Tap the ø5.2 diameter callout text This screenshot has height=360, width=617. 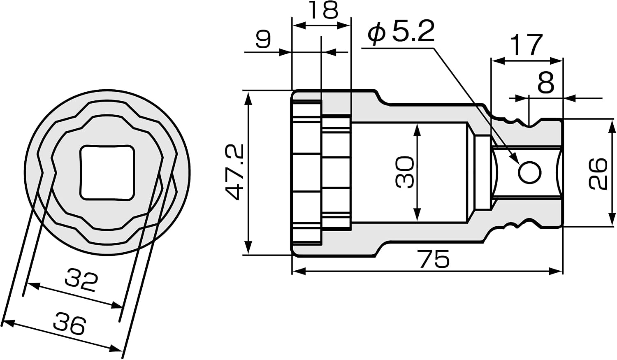401,31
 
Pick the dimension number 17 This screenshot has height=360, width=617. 527,44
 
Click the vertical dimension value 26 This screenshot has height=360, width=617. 598,173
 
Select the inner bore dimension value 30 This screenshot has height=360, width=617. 405,172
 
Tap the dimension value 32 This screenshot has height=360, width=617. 81,282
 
